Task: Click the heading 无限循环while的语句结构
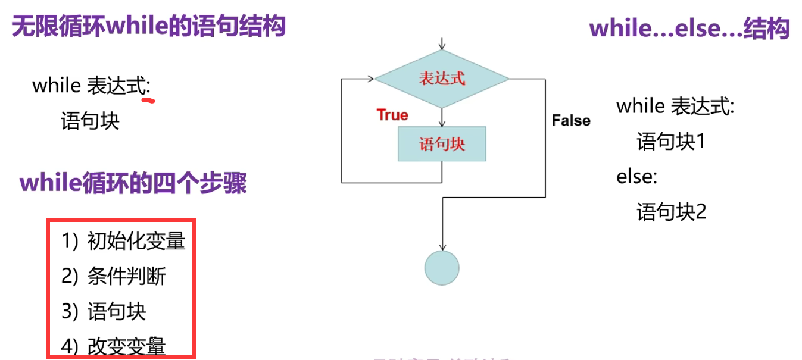coord(149,27)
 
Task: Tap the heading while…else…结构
coord(689,28)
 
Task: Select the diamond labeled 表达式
coord(441,79)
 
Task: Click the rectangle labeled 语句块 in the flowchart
coord(441,144)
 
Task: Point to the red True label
coord(392,115)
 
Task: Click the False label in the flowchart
coord(570,120)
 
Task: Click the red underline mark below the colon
coord(148,101)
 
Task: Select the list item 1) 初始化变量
coord(123,241)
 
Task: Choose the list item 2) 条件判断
coord(114,276)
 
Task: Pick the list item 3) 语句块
coord(104,311)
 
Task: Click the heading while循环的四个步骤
coord(133,183)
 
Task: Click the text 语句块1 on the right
coord(671,142)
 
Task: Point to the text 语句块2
coord(672,212)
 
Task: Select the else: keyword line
coord(636,177)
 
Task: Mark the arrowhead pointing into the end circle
coord(442,247)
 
